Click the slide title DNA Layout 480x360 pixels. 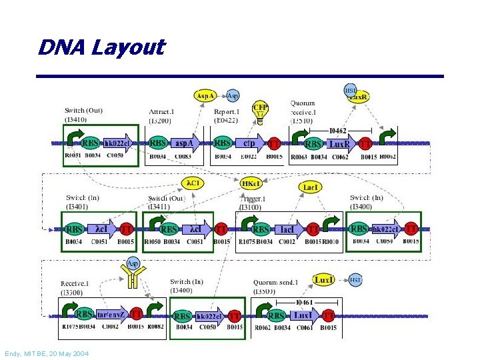coord(101,48)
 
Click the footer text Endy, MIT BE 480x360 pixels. coord(46,353)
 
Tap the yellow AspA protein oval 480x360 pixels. coord(205,96)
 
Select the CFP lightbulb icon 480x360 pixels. coord(260,110)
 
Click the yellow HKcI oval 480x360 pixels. coord(251,183)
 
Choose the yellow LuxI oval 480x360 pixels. coord(324,279)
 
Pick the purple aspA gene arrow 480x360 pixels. coord(184,143)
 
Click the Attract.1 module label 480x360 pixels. coord(162,111)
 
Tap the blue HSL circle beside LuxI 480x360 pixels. coord(355,280)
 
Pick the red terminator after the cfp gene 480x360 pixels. coord(273,143)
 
